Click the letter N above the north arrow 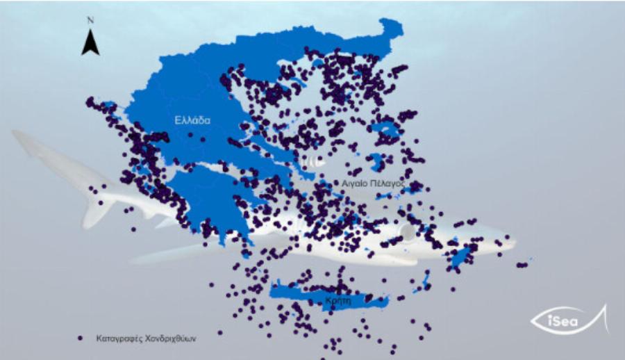pyautogui.click(x=90, y=20)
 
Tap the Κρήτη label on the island pyautogui.click(x=336, y=300)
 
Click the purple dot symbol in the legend pyautogui.click(x=81, y=338)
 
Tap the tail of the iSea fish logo pyautogui.click(x=603, y=318)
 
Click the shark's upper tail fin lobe pyautogui.click(x=35, y=142)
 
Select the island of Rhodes pyautogui.click(x=459, y=259)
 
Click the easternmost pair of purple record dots pyautogui.click(x=522, y=264)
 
